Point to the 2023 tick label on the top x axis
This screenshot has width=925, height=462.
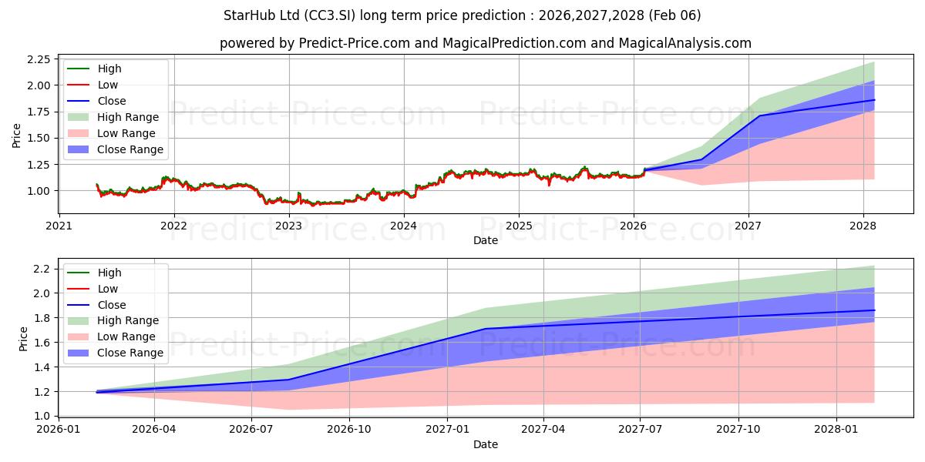coord(289,226)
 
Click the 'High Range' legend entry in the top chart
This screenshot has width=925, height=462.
coord(128,117)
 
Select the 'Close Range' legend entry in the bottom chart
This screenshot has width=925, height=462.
coord(130,353)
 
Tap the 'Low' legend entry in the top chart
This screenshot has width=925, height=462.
coord(108,85)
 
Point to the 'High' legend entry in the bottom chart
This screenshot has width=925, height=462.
coord(109,273)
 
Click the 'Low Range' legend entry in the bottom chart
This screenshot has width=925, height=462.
coord(126,336)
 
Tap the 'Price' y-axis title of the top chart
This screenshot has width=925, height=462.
coord(17,136)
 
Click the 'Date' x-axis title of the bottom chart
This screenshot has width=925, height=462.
coord(486,444)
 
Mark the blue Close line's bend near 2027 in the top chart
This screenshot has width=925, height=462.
coord(760,116)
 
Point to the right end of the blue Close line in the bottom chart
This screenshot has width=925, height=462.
coord(874,310)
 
